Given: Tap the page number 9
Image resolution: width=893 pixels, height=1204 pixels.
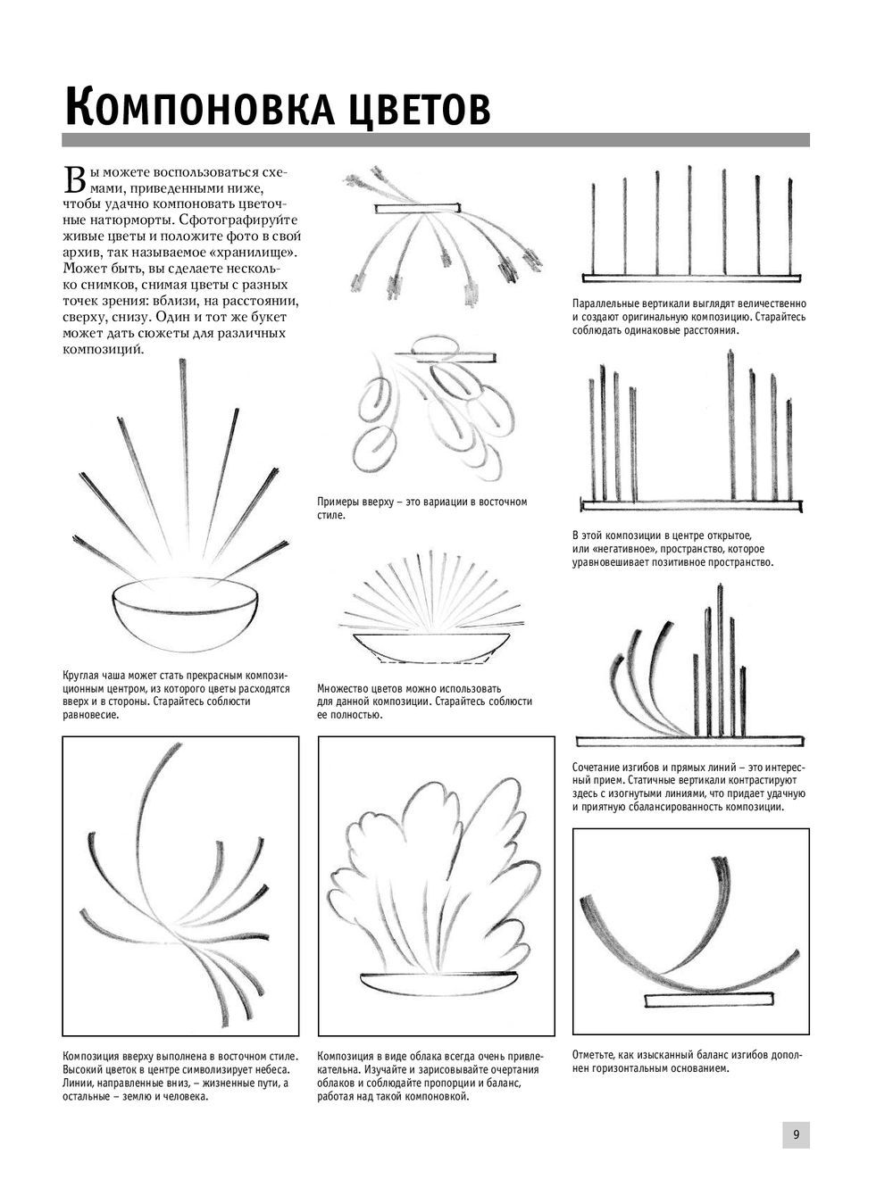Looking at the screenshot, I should [796, 1134].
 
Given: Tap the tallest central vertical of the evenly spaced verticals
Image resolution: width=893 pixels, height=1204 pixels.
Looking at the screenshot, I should [690, 219].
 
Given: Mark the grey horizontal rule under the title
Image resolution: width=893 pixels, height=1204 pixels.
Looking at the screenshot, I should [436, 140].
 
